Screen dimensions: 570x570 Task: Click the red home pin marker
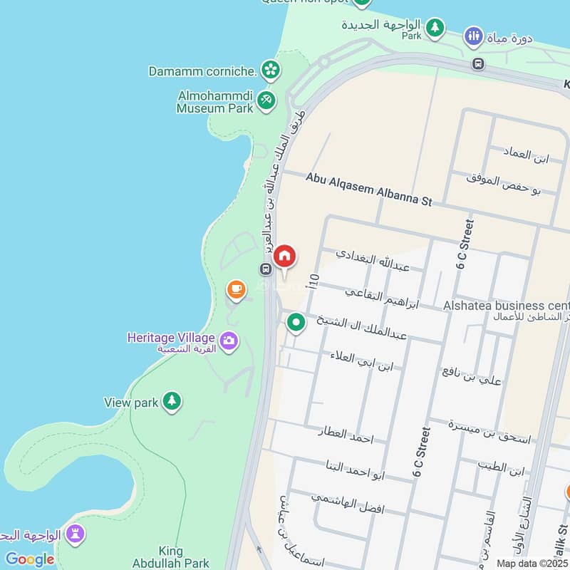point(284,256)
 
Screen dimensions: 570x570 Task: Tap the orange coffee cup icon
point(236,289)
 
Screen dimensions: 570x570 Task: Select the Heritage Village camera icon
point(229,341)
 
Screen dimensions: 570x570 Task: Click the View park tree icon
point(171,401)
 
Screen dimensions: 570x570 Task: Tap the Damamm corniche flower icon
point(270,69)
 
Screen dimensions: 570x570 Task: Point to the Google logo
point(29,559)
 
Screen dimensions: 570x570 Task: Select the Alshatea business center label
point(506,305)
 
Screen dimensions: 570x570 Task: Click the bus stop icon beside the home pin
point(265,269)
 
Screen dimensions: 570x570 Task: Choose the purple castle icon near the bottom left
point(76,533)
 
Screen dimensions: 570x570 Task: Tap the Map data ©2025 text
point(532,563)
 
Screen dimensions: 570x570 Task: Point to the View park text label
point(131,403)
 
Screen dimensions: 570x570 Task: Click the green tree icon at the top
point(435,28)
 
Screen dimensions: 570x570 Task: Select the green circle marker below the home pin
point(296,323)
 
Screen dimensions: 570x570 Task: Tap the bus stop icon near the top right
point(478,64)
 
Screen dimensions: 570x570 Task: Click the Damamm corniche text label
point(202,71)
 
